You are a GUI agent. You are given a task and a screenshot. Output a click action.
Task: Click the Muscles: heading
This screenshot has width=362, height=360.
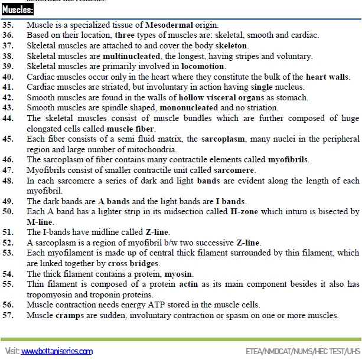pyautogui.click(x=18, y=10)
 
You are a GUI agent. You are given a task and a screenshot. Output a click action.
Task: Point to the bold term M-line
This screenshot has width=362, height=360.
pyautogui.click(x=40, y=221)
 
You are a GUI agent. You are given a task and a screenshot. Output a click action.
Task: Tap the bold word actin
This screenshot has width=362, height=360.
pyautogui.click(x=187, y=284)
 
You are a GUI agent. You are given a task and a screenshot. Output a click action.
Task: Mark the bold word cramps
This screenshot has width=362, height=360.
pyautogui.click(x=68, y=315)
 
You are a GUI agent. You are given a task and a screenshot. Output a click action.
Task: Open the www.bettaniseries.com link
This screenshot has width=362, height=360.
pyautogui.click(x=57, y=351)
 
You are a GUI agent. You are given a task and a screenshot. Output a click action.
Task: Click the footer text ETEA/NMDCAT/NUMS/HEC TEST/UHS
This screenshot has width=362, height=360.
pyautogui.click(x=303, y=351)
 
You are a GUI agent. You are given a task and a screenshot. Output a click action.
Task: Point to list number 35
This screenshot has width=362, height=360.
pyautogui.click(x=8, y=25)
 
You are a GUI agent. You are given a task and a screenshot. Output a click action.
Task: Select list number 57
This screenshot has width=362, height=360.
pyautogui.click(x=8, y=315)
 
